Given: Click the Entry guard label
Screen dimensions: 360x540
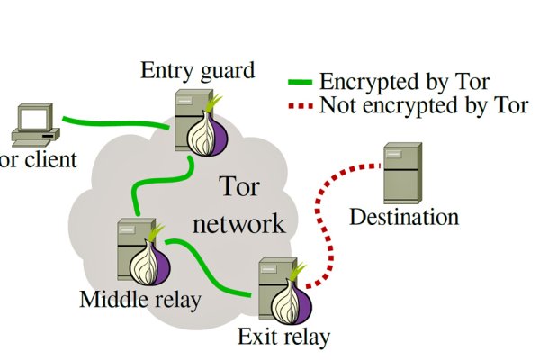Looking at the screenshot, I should point(197,70).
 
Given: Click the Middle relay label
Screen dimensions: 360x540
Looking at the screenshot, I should point(139,299).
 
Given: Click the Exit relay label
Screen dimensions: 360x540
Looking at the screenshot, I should point(283,337).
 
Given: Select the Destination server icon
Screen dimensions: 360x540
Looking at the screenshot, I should point(400,173).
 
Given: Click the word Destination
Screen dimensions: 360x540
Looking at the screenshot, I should point(403,217).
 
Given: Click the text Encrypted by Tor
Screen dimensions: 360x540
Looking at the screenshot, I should point(404,83).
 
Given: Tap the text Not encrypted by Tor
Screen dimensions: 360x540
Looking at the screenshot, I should point(423,106).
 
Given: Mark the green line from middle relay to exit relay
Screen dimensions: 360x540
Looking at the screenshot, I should point(211,270).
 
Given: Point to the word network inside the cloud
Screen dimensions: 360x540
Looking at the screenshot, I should point(240,223).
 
